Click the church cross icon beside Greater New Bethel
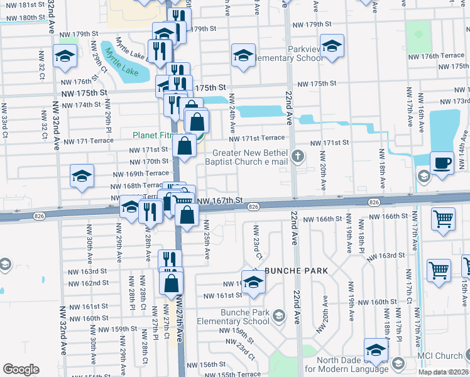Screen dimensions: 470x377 pyautogui.click(x=300, y=155)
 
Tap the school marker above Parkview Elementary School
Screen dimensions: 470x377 pyautogui.click(x=332, y=45)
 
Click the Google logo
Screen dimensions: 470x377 pyautogui.click(x=21, y=369)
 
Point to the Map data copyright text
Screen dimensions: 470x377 pyautogui.click(x=444, y=372)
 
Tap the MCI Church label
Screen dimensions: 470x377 pyautogui.click(x=440, y=356)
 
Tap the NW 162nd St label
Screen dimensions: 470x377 pyautogui.click(x=89, y=283)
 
